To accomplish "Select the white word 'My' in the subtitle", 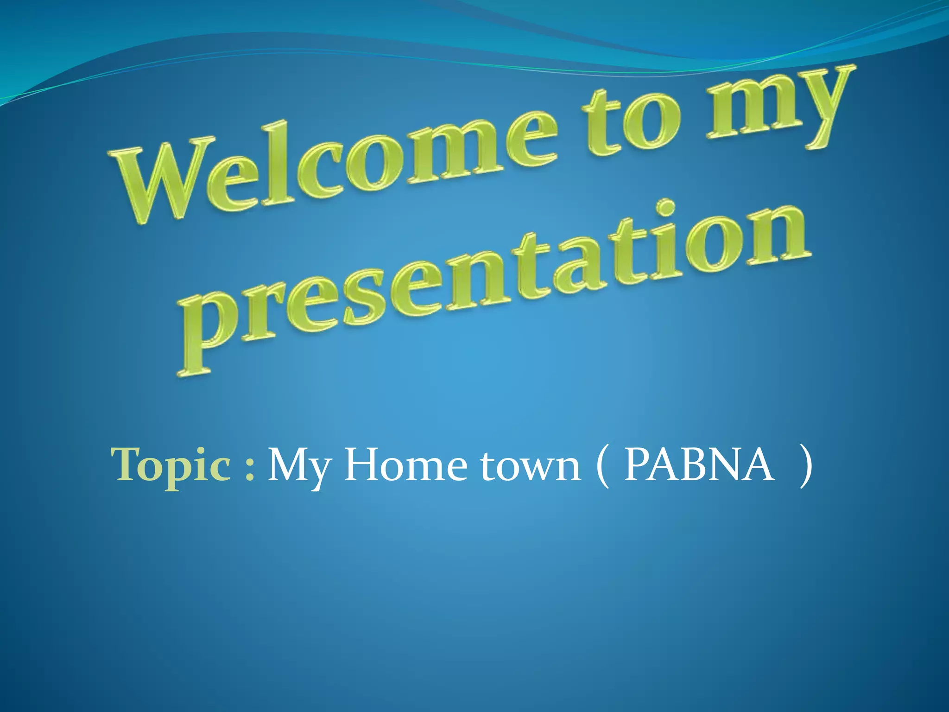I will [299, 466].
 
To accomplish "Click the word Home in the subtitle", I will [405, 465].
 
